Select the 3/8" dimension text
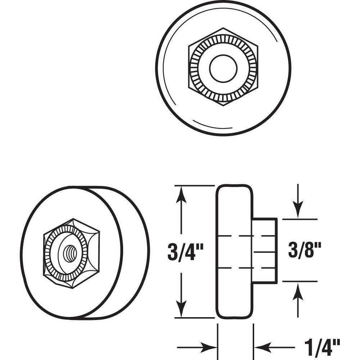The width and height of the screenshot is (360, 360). pos(305,250)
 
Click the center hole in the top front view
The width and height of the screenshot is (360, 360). pos(223,68)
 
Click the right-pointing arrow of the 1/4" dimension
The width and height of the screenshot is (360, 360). pos(211,347)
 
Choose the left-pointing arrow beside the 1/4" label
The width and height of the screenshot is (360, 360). pos(261,347)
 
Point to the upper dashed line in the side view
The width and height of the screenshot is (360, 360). pos(245,236)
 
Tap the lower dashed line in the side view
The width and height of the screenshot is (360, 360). pos(245,268)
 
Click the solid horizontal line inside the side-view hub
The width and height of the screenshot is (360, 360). pos(265,252)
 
